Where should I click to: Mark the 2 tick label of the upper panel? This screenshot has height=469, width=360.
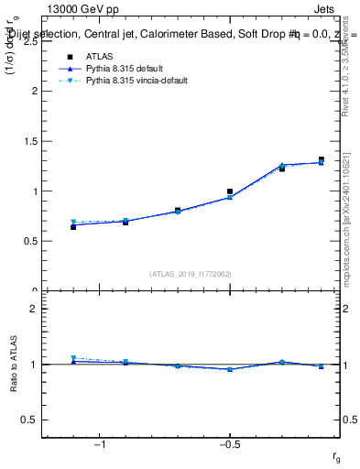click(x=33, y=92)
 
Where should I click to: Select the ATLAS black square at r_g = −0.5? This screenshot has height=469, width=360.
click(x=230, y=191)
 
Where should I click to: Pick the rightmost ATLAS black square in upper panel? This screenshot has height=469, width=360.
click(x=322, y=159)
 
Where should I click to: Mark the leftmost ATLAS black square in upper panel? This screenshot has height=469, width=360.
click(x=73, y=226)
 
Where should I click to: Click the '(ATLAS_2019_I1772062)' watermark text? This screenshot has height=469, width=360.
click(x=191, y=274)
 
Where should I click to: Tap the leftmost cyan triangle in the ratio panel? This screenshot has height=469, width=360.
click(x=73, y=358)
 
